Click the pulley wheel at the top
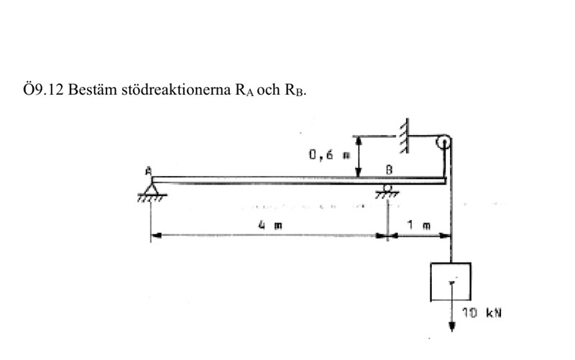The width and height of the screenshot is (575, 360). [x=443, y=142]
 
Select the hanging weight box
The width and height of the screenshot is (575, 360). [x=450, y=282]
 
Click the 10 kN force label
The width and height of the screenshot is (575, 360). [x=475, y=314]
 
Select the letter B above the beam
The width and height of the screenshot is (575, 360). [x=388, y=170]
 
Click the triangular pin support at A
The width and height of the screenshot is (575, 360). [x=152, y=190]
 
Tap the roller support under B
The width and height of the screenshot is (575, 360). [x=388, y=190]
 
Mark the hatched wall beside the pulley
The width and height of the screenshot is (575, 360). [x=406, y=135]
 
